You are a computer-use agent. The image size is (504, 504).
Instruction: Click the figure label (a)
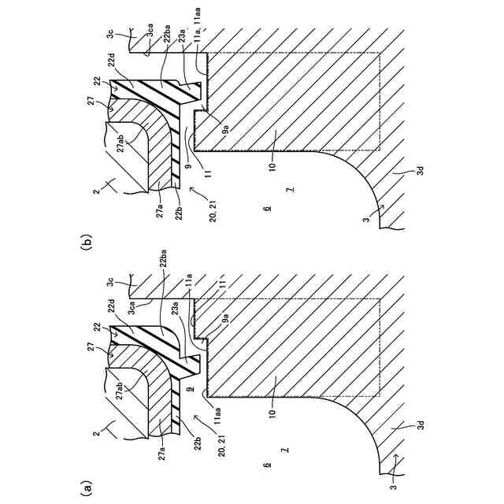87,488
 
